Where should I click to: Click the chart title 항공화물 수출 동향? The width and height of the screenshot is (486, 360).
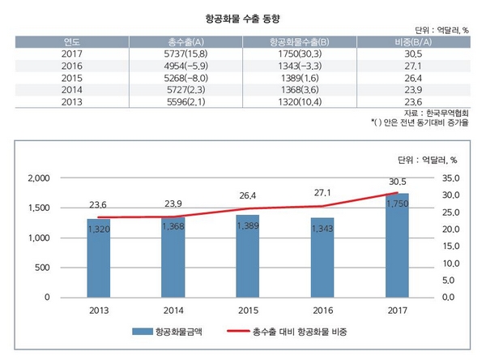(x=242, y=15)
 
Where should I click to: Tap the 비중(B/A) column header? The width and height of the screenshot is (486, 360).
(x=412, y=41)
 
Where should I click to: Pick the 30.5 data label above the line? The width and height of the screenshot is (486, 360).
(x=397, y=182)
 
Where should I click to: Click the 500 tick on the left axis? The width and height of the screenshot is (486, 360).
(x=44, y=268)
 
